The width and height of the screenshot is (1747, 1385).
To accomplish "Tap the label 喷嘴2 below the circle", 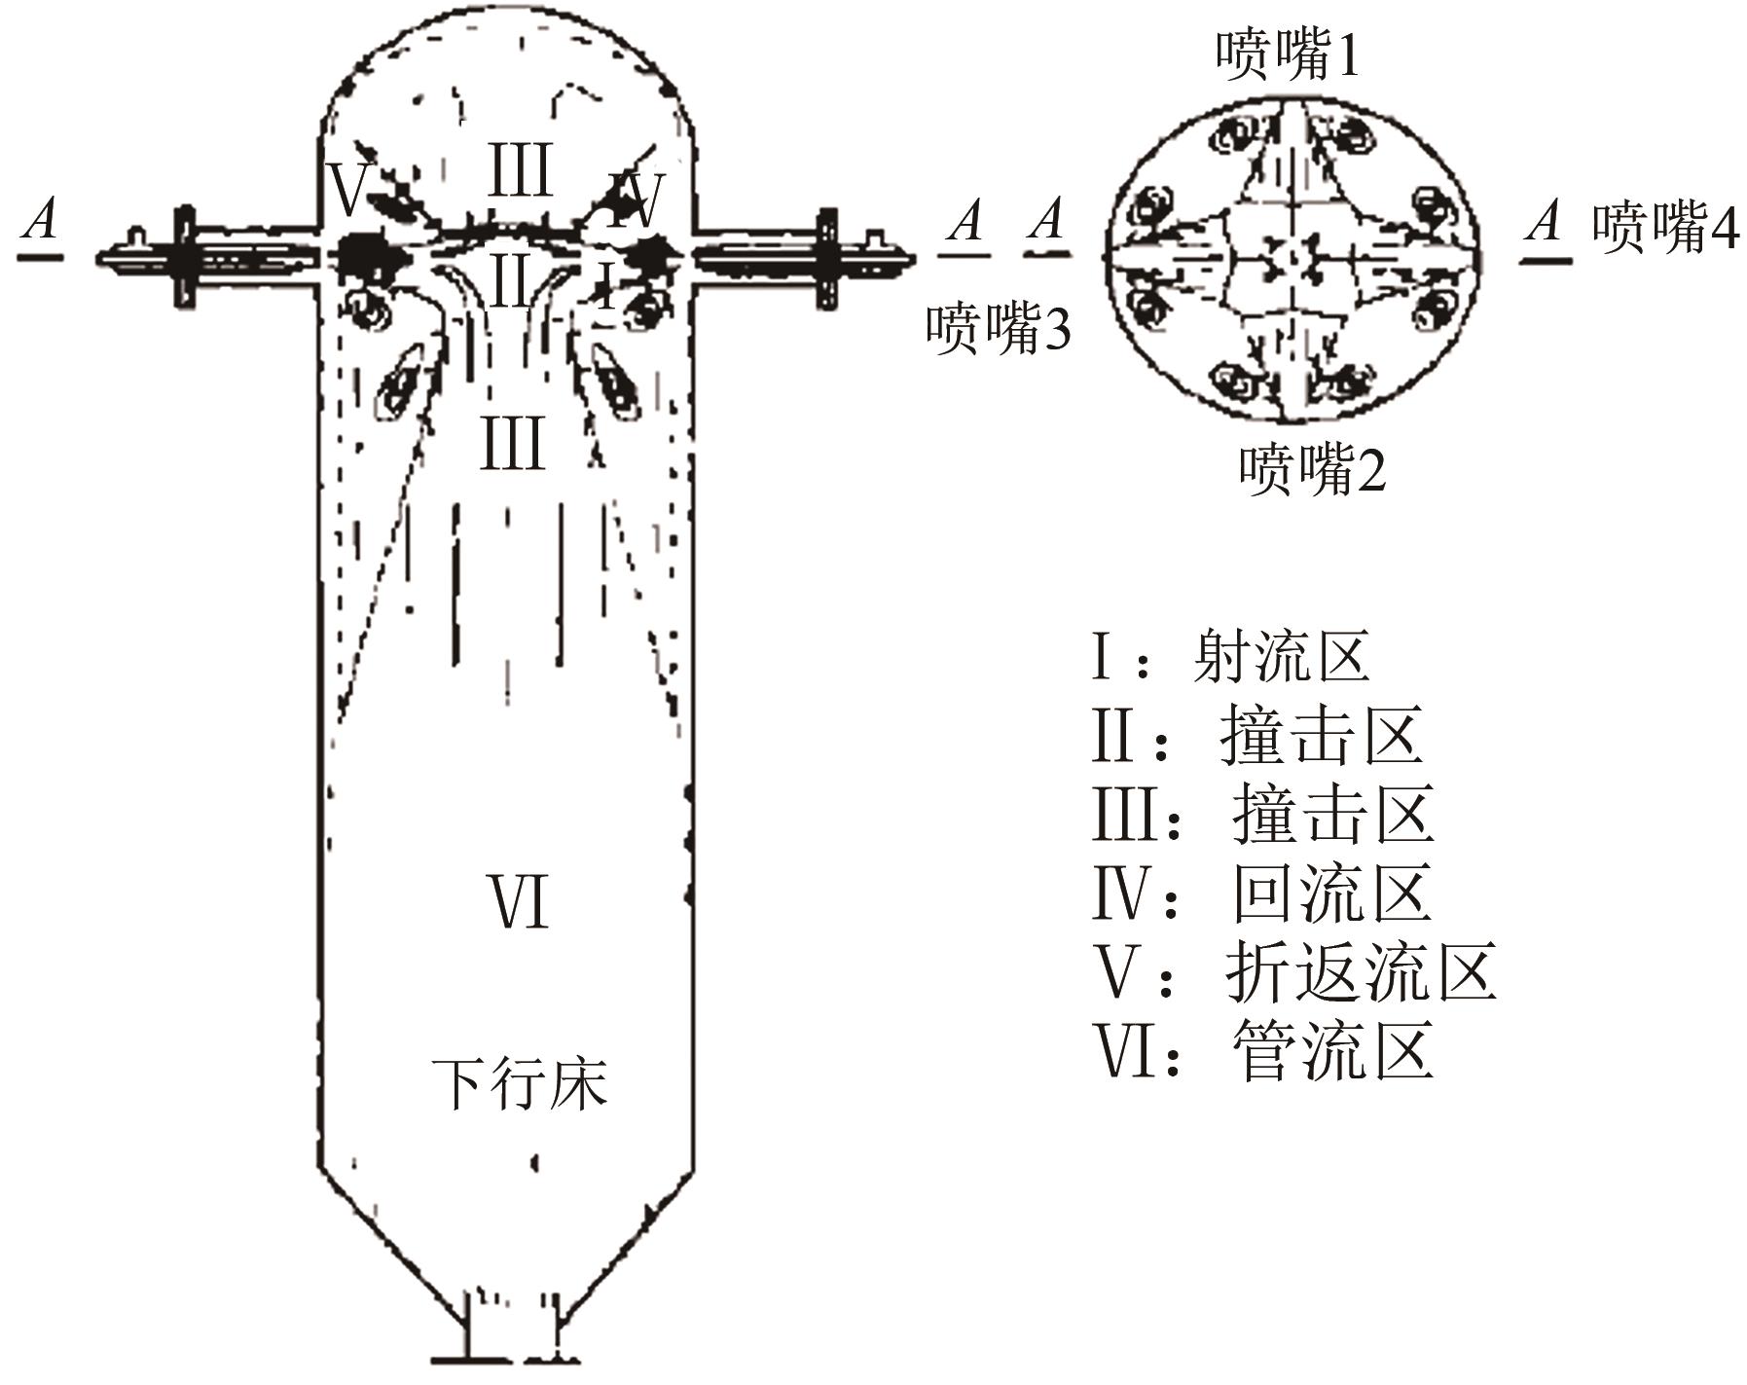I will point(1311,469).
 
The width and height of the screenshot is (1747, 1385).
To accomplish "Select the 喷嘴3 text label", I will point(998,328).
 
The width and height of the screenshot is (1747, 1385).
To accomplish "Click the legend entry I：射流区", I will point(1231,656).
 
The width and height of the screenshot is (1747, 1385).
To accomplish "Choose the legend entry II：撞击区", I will point(1256,736).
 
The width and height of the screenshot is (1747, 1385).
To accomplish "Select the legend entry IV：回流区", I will point(1261,893).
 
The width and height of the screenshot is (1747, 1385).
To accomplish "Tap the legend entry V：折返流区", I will point(1294,971).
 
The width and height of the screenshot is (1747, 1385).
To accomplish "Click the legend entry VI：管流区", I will point(1262,1050).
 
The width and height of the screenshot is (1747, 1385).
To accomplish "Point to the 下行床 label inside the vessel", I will point(520,1083).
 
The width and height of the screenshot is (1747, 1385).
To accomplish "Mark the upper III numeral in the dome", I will point(520,170).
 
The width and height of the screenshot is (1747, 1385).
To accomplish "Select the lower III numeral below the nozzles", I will point(512,444).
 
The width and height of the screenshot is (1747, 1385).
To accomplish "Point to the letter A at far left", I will point(40,221).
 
